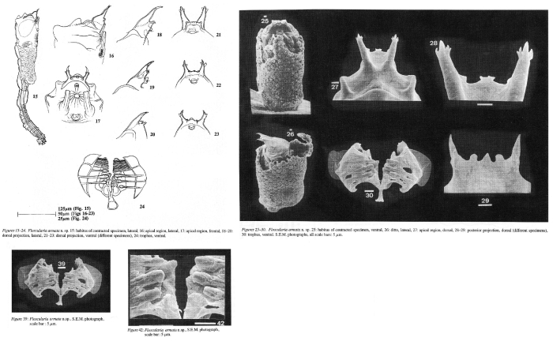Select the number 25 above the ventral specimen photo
(x=265, y=18)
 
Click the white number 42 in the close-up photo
(x=220, y=323)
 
